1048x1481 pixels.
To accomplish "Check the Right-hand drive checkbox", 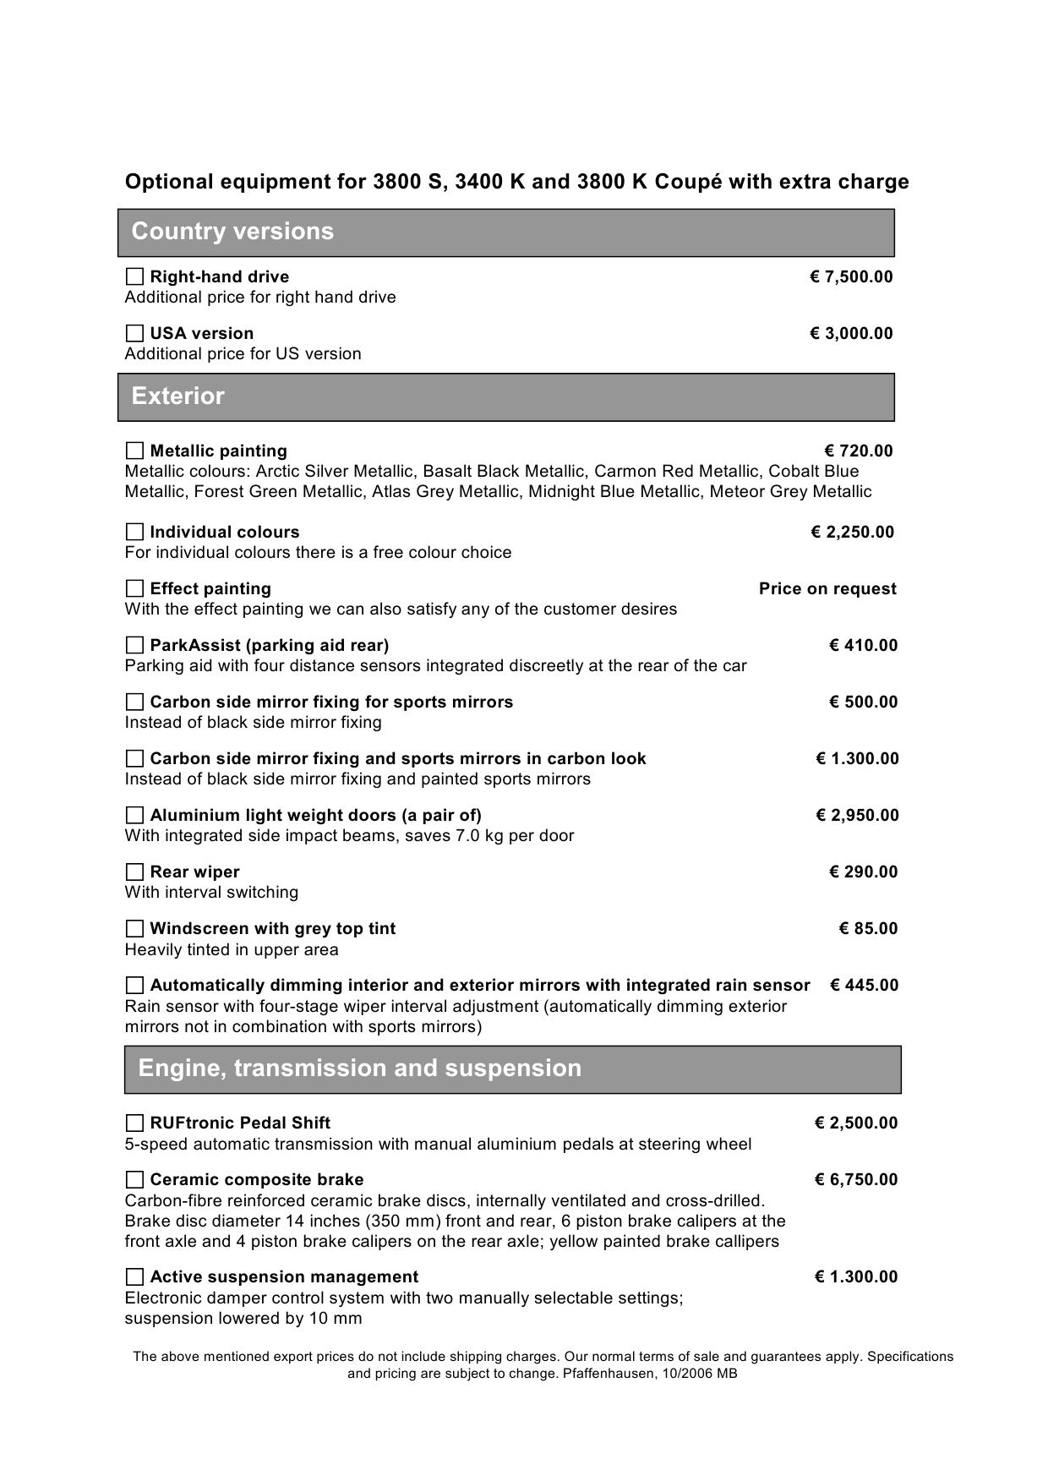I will point(134,276).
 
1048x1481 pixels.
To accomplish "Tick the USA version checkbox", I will point(134,333).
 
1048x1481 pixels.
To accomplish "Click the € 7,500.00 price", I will point(850,276).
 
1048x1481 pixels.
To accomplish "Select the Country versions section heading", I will point(232,232).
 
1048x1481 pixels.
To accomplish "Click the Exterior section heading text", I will point(178,396).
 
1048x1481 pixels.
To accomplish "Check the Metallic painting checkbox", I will point(134,451).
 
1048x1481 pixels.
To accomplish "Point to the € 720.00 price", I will point(858,451).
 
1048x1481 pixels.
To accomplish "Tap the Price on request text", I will point(827,588).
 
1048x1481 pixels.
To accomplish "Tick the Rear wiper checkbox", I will point(134,872).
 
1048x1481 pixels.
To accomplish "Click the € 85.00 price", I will point(868,928).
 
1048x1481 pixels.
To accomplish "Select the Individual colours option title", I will point(224,532).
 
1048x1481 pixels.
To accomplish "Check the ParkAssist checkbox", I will point(134,645).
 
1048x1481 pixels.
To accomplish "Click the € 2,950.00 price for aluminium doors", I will point(857,815).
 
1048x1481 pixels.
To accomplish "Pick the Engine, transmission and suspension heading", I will point(359,1068).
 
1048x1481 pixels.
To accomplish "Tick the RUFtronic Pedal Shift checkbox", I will point(134,1123).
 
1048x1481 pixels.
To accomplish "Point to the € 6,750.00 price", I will point(855,1179).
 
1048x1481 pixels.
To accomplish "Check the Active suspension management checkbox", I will point(134,1276).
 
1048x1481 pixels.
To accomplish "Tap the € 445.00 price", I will point(864,985).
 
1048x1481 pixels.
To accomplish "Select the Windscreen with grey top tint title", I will point(272,928).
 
